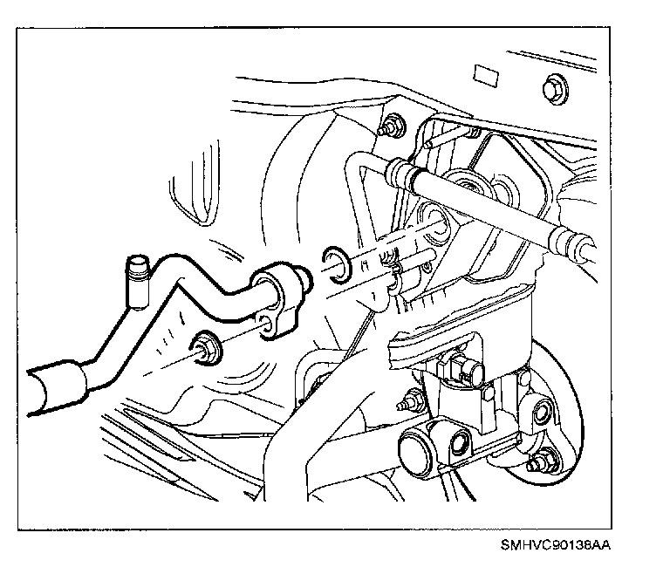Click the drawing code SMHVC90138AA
tap(556, 545)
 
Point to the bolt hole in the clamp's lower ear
tap(263, 330)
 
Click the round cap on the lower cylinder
tap(413, 451)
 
